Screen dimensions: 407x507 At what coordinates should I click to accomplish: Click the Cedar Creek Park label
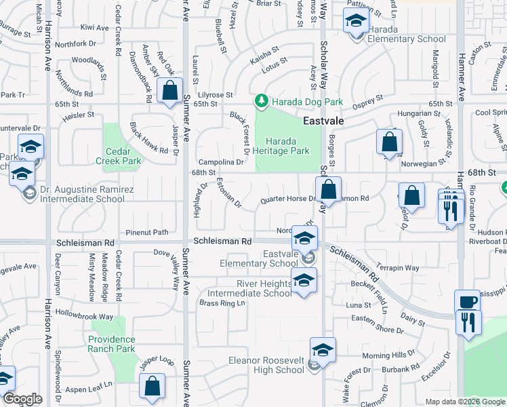pos(123,156)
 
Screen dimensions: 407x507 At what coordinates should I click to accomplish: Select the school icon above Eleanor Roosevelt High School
pos(323,350)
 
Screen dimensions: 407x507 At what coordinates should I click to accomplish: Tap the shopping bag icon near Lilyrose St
pos(169,91)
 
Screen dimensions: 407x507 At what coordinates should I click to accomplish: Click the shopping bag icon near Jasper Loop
pos(153,386)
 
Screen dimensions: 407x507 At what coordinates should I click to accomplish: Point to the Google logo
pos(22,399)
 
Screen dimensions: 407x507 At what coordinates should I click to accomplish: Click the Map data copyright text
pos(465,402)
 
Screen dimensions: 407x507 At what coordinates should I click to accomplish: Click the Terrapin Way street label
pos(398,268)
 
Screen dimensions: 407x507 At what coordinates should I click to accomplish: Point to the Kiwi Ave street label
pos(94,28)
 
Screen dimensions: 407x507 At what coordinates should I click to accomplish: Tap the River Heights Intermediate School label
pos(249,288)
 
